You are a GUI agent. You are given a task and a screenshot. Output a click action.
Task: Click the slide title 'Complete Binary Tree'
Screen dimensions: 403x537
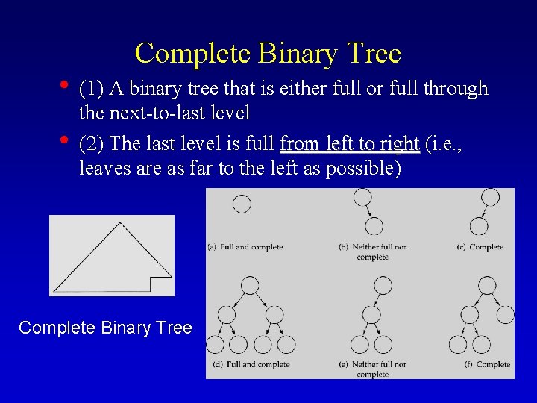[x=268, y=54]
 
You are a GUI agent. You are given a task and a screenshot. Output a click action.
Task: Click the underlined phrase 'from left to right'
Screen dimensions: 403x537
[x=349, y=143]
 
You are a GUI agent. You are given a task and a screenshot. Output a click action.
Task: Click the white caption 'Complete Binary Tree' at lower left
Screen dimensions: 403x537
[x=105, y=328]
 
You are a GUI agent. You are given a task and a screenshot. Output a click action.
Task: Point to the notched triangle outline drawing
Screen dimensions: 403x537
[x=112, y=255]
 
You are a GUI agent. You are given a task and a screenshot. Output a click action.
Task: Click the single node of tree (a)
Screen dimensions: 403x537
[x=242, y=204]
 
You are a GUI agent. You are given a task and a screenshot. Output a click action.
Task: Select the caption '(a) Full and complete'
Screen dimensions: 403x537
[x=245, y=247]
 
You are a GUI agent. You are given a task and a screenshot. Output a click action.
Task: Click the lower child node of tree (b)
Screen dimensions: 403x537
[x=373, y=226]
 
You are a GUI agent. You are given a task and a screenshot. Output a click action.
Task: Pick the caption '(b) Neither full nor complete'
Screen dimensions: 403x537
[x=373, y=252]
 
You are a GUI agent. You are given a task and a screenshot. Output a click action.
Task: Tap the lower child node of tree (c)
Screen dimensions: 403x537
[x=480, y=226]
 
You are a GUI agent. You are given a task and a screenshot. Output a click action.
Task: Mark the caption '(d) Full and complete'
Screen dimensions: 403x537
[x=251, y=364]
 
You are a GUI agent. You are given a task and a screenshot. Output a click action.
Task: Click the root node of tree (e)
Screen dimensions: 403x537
[x=383, y=286]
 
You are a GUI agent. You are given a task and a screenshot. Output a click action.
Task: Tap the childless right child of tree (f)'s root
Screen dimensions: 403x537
[x=505, y=314]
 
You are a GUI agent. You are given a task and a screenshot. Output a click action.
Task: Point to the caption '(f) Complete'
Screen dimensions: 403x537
[x=486, y=364]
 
